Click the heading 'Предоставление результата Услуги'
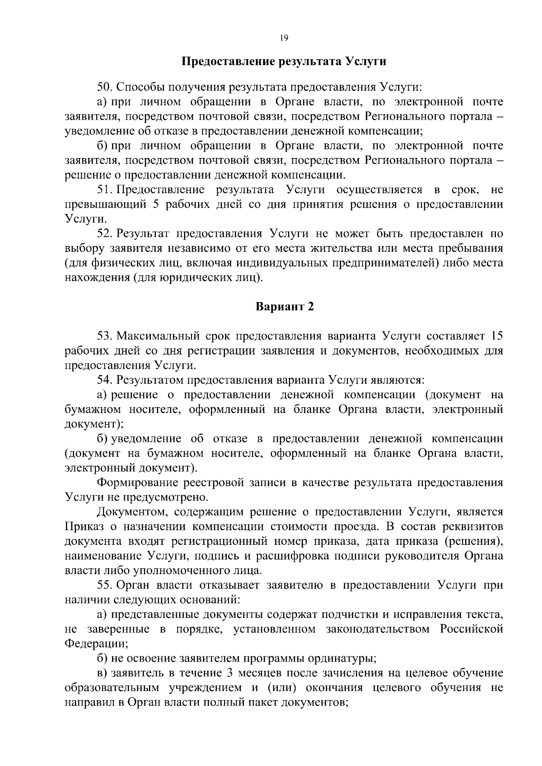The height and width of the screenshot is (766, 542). coord(284,61)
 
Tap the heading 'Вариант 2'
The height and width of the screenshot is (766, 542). coord(284,307)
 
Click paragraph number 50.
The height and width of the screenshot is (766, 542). coord(104,87)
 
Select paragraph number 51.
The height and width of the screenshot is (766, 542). coord(105,190)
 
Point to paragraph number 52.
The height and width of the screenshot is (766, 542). coord(105,233)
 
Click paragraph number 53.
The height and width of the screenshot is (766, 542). coord(105,336)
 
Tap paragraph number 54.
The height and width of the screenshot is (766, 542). coord(105,380)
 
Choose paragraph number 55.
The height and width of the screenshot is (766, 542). coord(105,585)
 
